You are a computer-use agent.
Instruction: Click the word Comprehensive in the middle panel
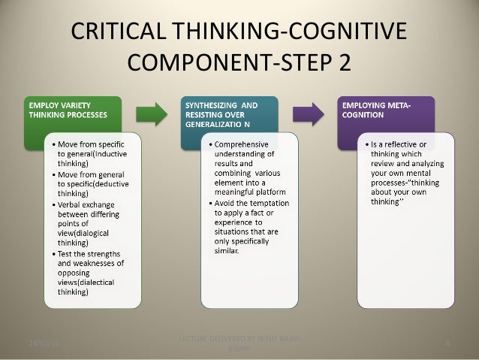tap(249, 143)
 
